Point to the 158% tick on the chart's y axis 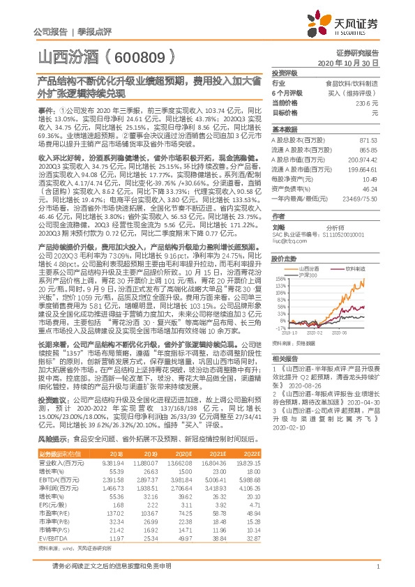click(280, 278)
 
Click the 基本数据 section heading click(284, 130)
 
